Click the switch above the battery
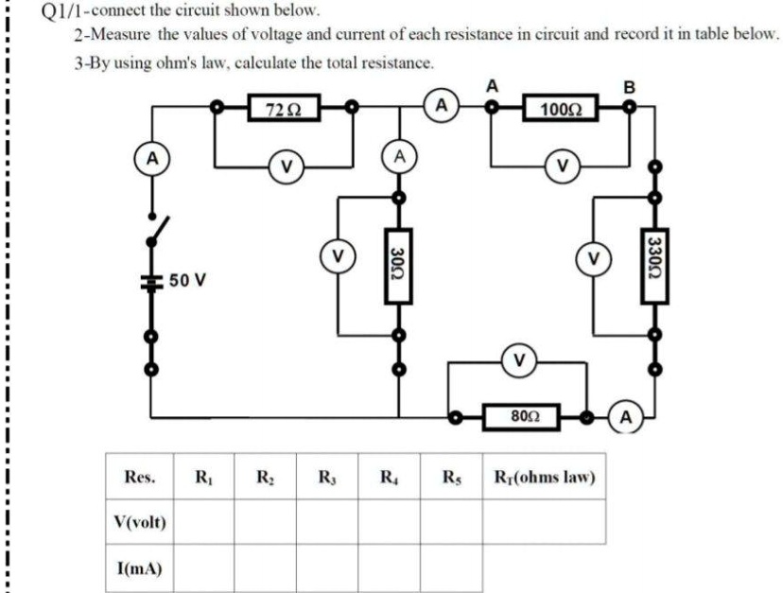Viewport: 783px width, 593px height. point(159,227)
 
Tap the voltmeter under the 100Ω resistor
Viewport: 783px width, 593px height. point(564,167)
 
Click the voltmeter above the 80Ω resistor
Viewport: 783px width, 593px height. point(517,360)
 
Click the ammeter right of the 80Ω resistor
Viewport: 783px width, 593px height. point(628,416)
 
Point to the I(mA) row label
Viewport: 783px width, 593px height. point(138,568)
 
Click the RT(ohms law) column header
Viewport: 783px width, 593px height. point(543,477)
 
